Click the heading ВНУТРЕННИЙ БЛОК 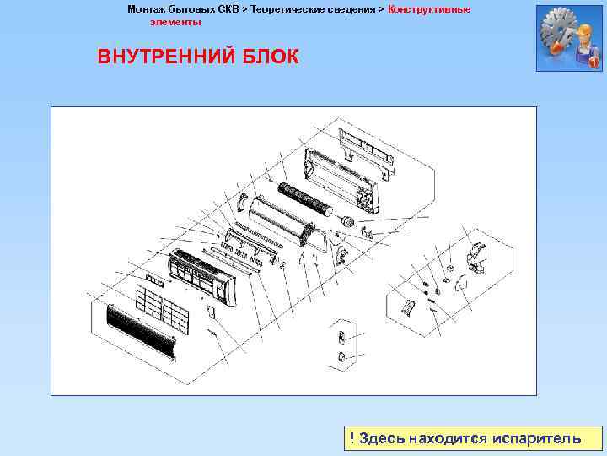pos(198,57)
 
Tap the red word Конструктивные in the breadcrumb pos(429,9)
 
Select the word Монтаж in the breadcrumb pos(148,9)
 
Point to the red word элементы pos(175,21)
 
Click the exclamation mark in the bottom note pos(352,438)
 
